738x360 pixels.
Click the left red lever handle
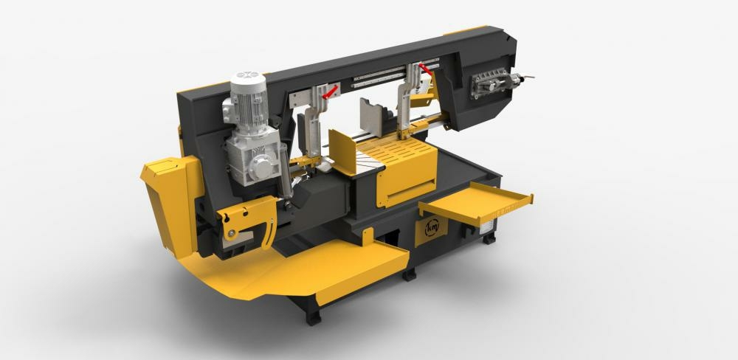(331, 91)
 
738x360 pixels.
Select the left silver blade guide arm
(314, 118)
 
